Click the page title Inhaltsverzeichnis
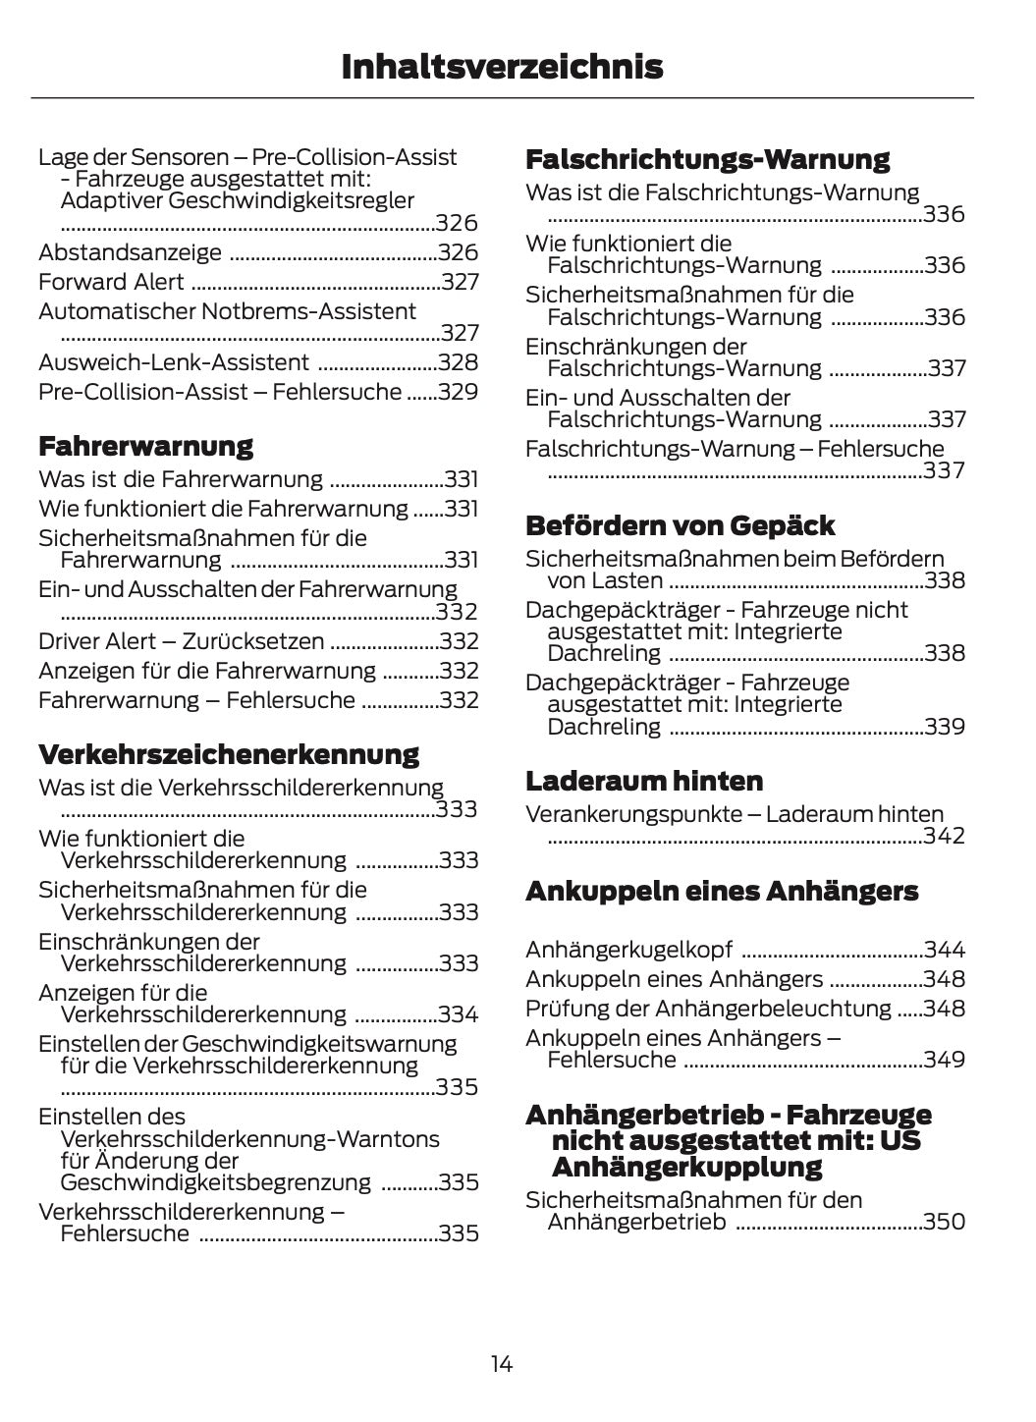(502, 67)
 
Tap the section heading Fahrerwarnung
(145, 446)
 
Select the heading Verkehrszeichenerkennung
(228, 754)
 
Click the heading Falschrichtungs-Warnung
(707, 159)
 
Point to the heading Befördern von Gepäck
(680, 525)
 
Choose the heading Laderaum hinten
(643, 781)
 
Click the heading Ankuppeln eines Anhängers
(721, 891)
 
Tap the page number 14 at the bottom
(502, 1364)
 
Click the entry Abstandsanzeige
(130, 252)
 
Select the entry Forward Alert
(111, 282)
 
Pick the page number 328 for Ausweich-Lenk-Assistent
(459, 362)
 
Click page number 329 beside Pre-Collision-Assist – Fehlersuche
(459, 392)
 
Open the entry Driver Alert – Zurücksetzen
(181, 641)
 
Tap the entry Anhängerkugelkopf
(628, 950)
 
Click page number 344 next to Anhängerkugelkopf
(945, 950)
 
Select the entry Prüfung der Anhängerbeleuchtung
(708, 1009)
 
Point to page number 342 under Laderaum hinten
(945, 836)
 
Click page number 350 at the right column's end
(945, 1222)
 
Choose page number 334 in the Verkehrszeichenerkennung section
(459, 1014)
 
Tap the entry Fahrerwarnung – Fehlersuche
(196, 700)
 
